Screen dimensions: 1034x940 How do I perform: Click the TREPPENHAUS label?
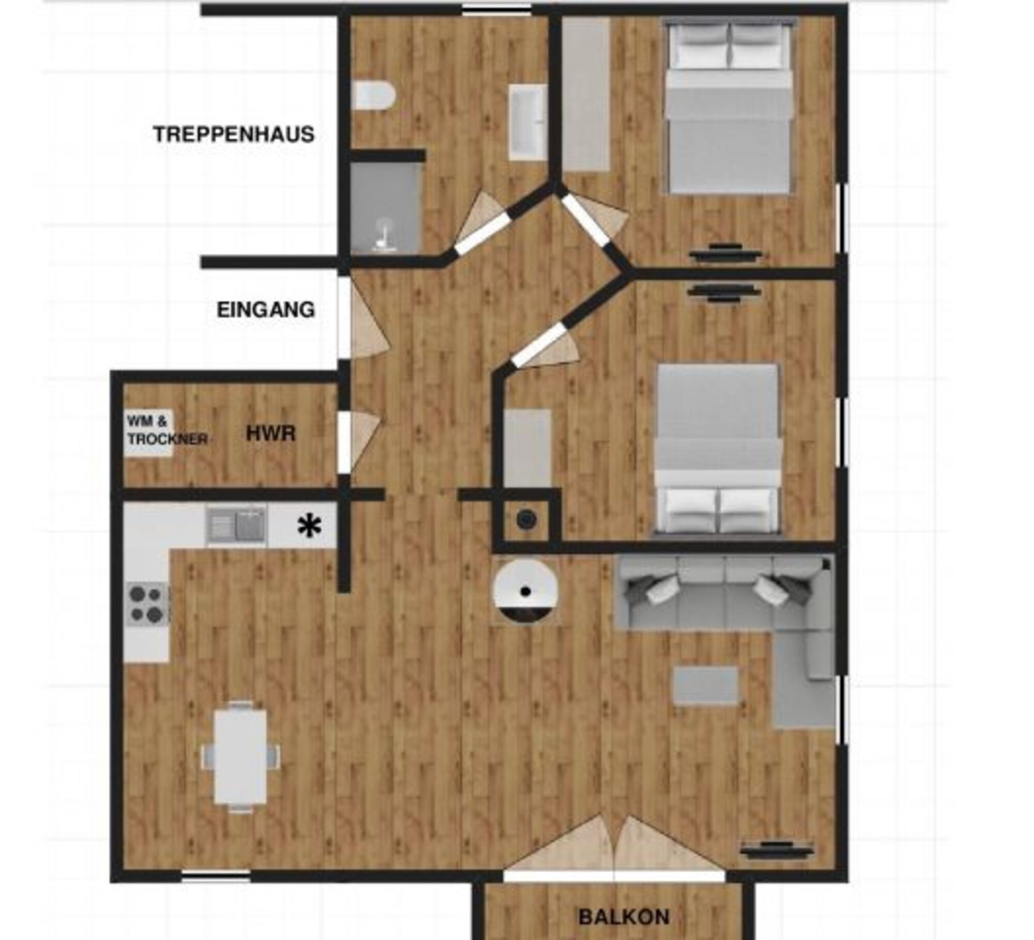coord(234,134)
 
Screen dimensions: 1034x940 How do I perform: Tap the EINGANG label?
coord(266,310)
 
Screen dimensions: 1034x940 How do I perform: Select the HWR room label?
coord(271,434)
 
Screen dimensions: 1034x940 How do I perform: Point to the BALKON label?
coord(624,917)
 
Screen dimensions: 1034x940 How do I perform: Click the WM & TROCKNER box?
coord(149,433)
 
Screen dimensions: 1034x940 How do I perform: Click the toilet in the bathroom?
coord(375,96)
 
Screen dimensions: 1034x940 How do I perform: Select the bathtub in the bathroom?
coord(527,122)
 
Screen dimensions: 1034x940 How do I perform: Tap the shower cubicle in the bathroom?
coord(386,208)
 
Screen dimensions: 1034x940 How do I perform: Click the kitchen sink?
coord(236,524)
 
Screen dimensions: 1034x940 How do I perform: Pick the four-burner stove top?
coord(146,604)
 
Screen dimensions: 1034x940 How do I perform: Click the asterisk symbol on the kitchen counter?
coord(309,527)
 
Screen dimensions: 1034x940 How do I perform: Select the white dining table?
coord(241,756)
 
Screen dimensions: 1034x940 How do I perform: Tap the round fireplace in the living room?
coord(525,592)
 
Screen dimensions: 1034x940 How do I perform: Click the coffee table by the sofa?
coord(705,686)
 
